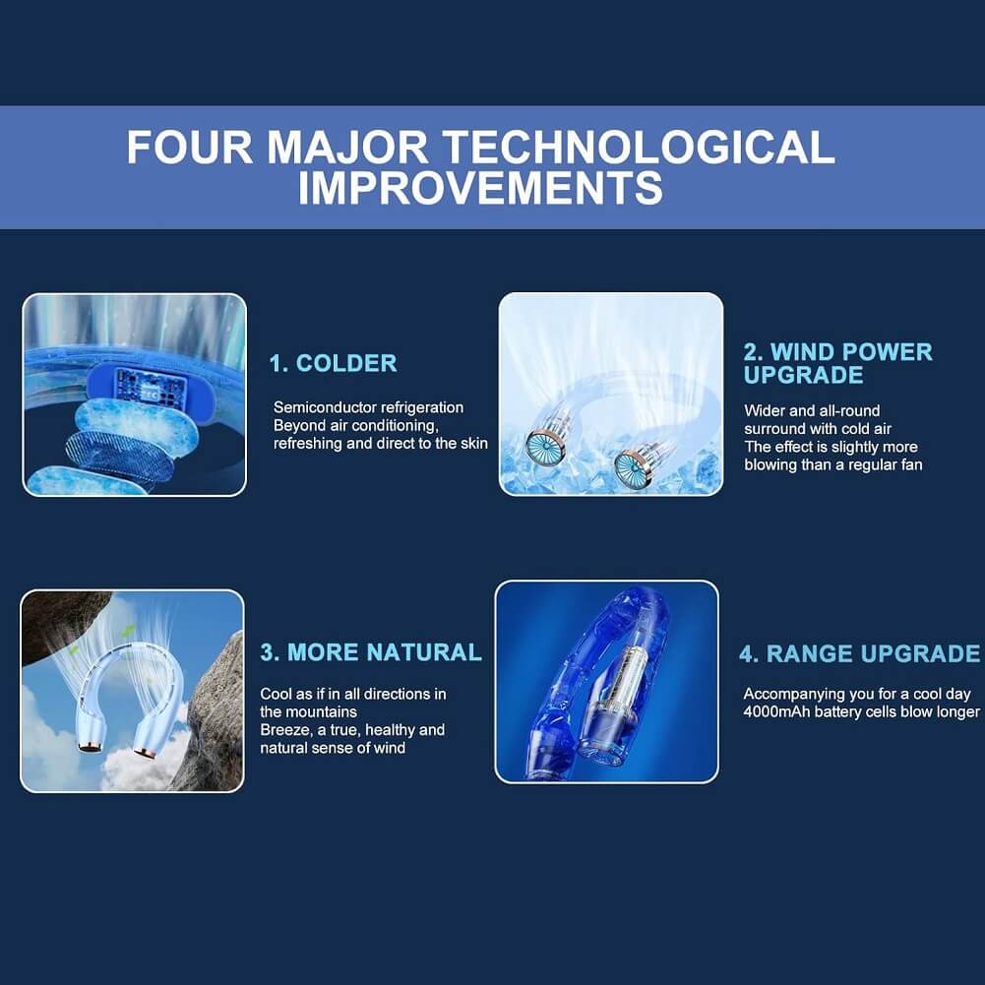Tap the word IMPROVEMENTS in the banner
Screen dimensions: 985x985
[x=480, y=187]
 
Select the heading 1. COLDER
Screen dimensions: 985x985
[x=333, y=363]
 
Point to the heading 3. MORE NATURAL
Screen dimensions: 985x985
[x=371, y=652]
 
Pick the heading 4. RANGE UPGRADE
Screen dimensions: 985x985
[x=859, y=653]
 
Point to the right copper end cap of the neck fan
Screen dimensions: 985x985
[x=144, y=752]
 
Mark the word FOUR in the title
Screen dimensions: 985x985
[x=190, y=147]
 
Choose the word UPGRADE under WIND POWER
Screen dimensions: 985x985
[x=804, y=375]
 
